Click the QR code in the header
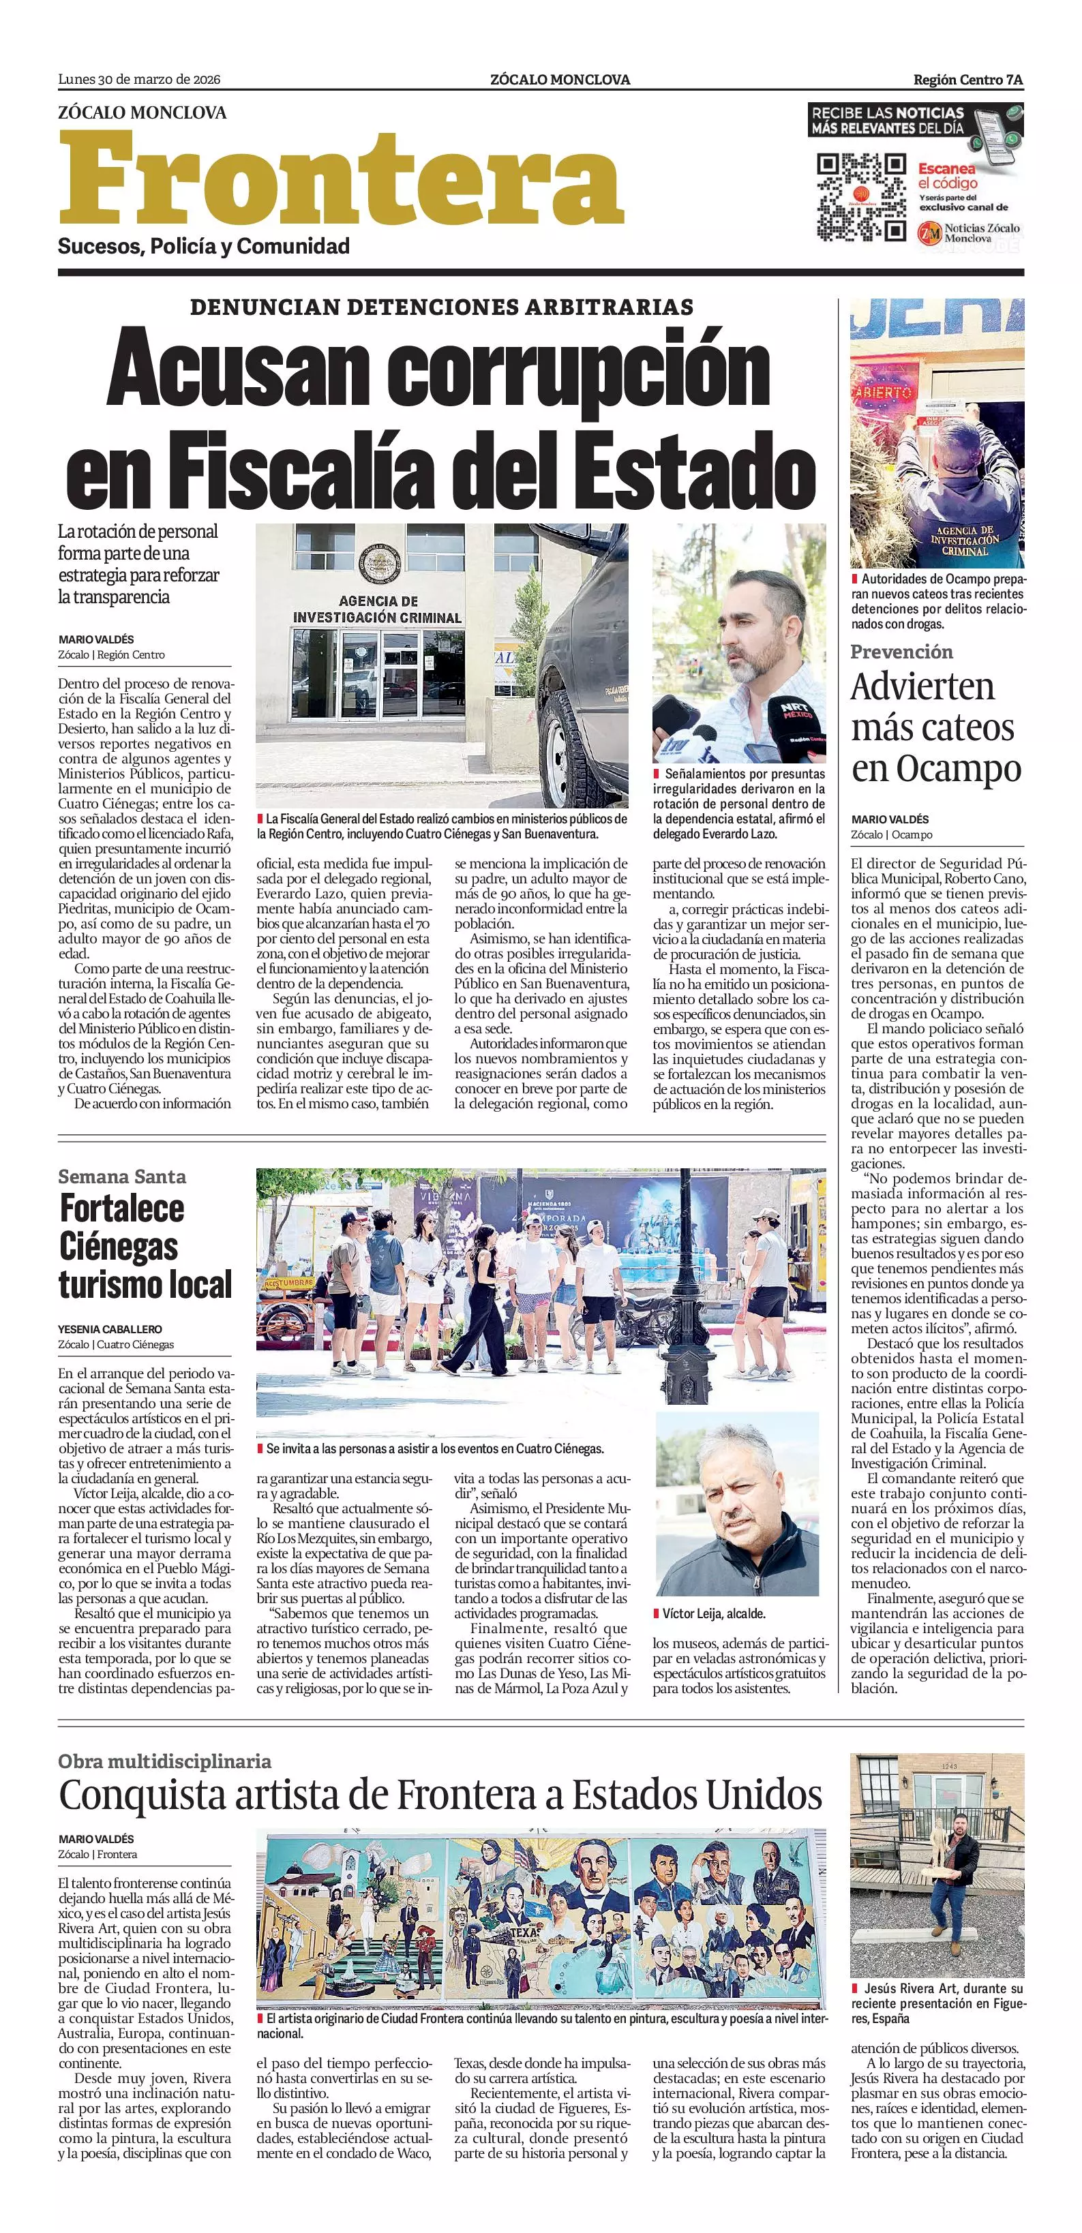pyautogui.click(x=861, y=197)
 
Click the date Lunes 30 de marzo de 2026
pyautogui.click(x=138, y=80)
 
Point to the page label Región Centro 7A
pyautogui.click(x=967, y=80)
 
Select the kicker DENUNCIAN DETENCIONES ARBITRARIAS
pyautogui.click(x=441, y=307)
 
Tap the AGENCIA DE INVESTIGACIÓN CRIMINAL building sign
pyautogui.click(x=377, y=609)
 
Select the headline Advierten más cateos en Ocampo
pyautogui.click(x=935, y=727)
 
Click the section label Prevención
pyautogui.click(x=901, y=652)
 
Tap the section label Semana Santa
pyautogui.click(x=121, y=1176)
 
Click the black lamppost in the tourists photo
pyautogui.click(x=678, y=1301)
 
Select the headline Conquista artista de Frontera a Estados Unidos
pyautogui.click(x=440, y=1793)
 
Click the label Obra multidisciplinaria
pyautogui.click(x=165, y=1761)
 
